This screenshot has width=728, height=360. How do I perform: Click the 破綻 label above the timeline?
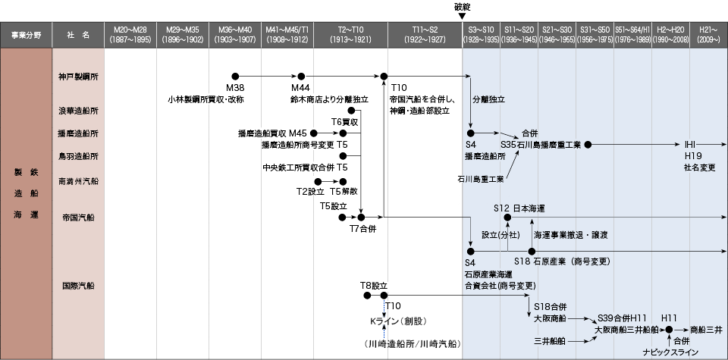(462, 8)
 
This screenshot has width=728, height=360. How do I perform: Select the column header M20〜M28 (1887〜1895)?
(130, 35)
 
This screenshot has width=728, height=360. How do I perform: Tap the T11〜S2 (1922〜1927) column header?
(425, 35)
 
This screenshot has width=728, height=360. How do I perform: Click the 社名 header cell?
(78, 35)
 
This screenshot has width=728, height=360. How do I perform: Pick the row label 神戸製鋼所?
(78, 77)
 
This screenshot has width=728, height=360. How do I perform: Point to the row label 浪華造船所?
(78, 111)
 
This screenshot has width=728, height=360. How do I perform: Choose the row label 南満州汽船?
(78, 181)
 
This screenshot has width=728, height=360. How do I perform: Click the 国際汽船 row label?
(78, 286)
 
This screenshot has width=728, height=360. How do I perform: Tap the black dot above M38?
(235, 76)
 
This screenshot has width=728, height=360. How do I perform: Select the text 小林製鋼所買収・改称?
(206, 99)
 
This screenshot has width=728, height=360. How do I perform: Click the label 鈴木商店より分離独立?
(330, 99)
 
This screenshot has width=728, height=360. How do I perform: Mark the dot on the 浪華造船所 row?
(351, 111)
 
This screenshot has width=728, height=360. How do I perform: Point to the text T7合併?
(362, 229)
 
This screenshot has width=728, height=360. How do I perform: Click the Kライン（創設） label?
(398, 321)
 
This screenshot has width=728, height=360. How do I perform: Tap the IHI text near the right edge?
(690, 144)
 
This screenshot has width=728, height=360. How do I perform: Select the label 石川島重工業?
(481, 179)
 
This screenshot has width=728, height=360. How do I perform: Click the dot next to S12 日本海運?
(507, 217)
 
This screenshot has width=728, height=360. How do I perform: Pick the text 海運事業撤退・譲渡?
(570, 235)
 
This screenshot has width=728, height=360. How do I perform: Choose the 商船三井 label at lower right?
(706, 330)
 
